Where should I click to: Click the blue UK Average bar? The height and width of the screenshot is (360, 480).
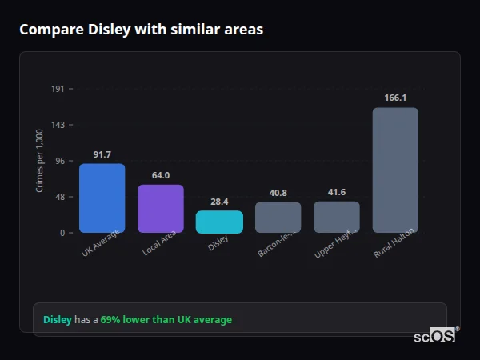pos(102,198)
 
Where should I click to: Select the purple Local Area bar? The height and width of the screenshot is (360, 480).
pos(161,209)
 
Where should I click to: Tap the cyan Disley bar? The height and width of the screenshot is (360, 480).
pos(219,222)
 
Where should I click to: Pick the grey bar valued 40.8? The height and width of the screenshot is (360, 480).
pos(278,217)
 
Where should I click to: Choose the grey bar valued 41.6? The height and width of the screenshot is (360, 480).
pos(337,217)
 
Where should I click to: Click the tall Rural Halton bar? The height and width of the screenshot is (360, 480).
pos(395,170)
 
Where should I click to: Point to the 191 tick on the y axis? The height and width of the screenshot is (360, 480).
pos(58,89)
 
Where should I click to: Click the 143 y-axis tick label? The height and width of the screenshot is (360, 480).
pos(58,125)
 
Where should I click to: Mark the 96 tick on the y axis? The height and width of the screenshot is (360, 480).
pos(59,161)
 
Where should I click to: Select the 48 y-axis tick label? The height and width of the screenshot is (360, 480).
pos(59,197)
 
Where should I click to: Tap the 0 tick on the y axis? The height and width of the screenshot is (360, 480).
pos(62,233)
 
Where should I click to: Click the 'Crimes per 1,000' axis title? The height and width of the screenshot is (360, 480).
pos(40,161)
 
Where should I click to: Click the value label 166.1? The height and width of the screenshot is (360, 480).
pos(395,98)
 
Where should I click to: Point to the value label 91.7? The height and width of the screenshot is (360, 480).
pos(102,154)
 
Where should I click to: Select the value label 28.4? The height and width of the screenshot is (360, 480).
pos(219,202)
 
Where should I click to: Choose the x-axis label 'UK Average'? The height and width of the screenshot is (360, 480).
pos(100,243)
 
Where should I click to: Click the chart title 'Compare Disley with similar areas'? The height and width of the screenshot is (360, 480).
pos(141,30)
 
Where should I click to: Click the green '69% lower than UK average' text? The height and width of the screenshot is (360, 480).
pos(166,320)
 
